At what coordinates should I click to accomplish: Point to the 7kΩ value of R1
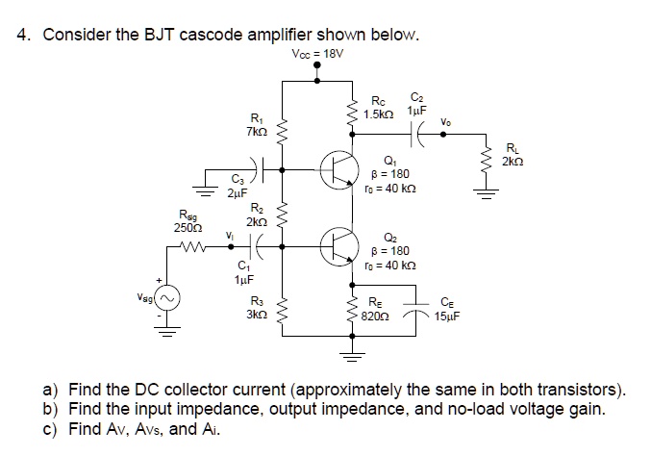click(255, 130)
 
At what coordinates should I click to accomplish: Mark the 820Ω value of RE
click(377, 315)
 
